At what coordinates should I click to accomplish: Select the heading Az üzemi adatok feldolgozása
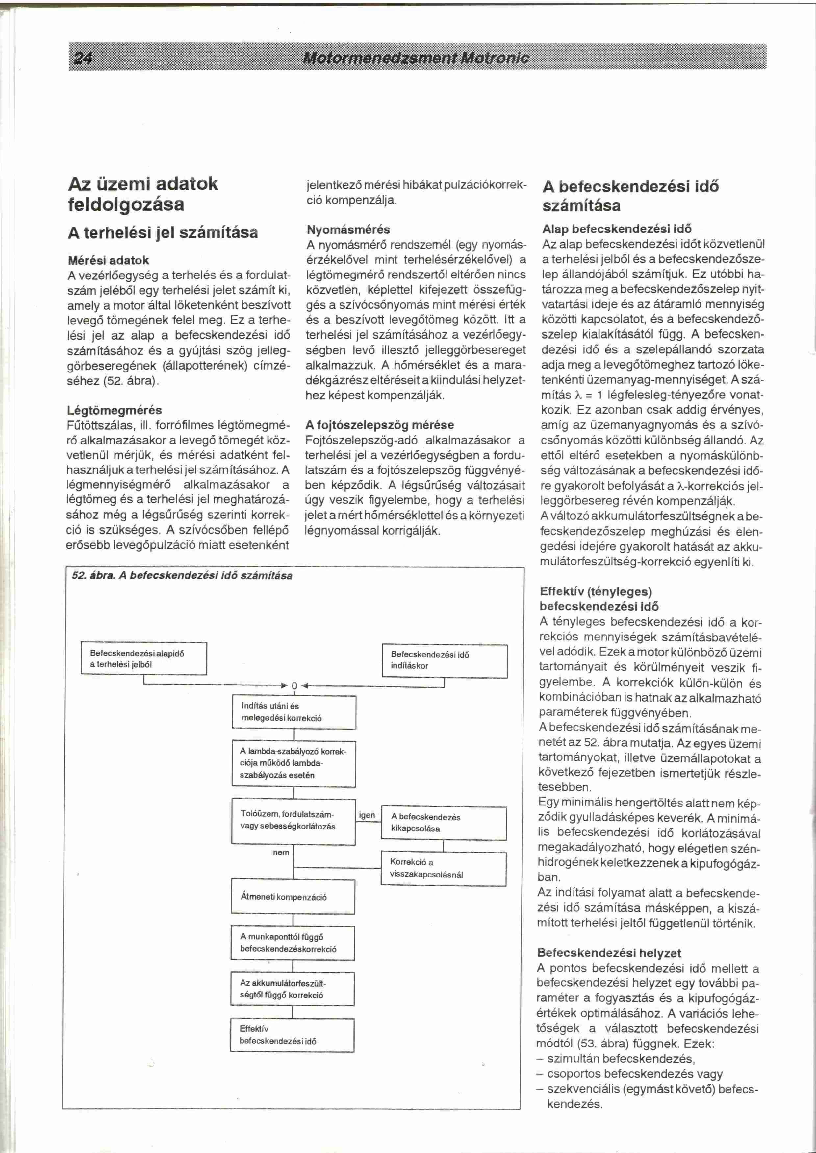pos(143,194)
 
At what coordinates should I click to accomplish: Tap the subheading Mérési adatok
pos(109,260)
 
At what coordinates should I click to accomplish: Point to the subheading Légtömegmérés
pos(115,410)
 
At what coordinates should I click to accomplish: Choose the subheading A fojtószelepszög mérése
pos(379,425)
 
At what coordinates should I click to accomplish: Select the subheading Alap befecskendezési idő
pos(617,229)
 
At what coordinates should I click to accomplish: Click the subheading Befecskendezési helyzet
pos(609,953)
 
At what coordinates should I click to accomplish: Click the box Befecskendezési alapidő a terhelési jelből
pos(144,658)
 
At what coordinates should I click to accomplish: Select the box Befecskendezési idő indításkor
pos(444,661)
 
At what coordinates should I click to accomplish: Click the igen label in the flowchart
pos(367,815)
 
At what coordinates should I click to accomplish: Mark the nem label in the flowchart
pos(281,852)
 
